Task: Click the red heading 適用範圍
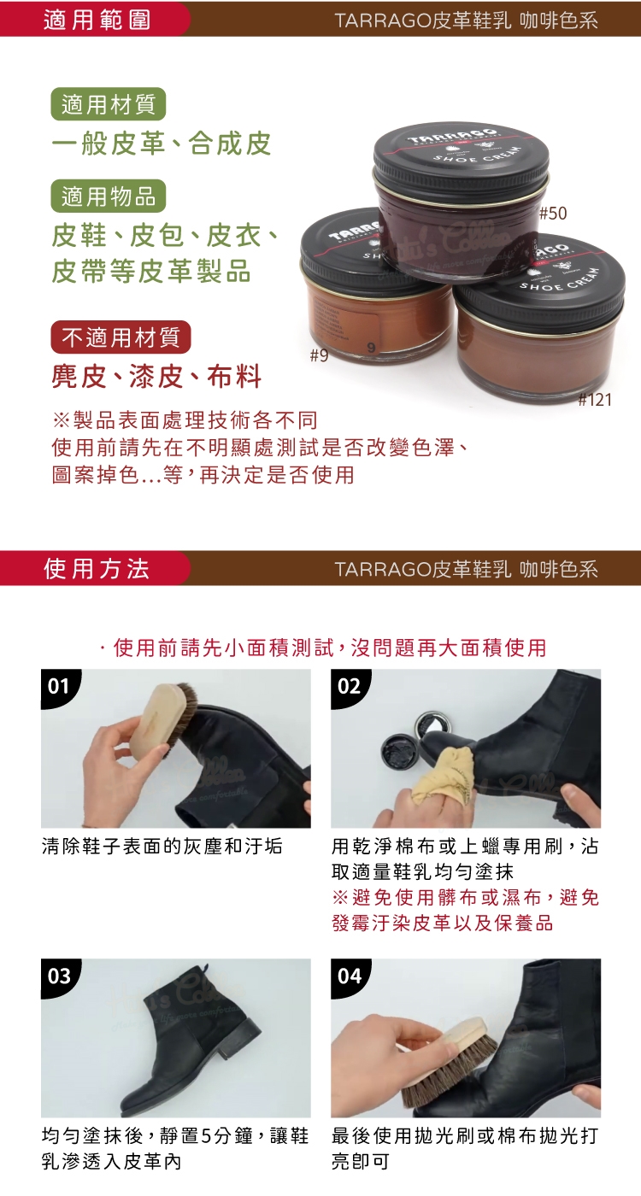coord(97,21)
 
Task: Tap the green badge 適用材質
coord(109,104)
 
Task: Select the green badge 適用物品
coord(109,196)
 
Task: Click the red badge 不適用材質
coord(121,337)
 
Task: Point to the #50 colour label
coord(553,214)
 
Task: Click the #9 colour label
coord(320,355)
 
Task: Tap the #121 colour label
coord(595,400)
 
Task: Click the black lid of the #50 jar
coord(461,155)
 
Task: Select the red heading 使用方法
coord(97,569)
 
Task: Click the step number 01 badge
coord(59,686)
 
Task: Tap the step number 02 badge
coord(349,686)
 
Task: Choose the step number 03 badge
coord(59,976)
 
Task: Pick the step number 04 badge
coord(349,976)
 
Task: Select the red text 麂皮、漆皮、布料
coord(156,377)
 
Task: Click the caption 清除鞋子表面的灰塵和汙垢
coord(162,847)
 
